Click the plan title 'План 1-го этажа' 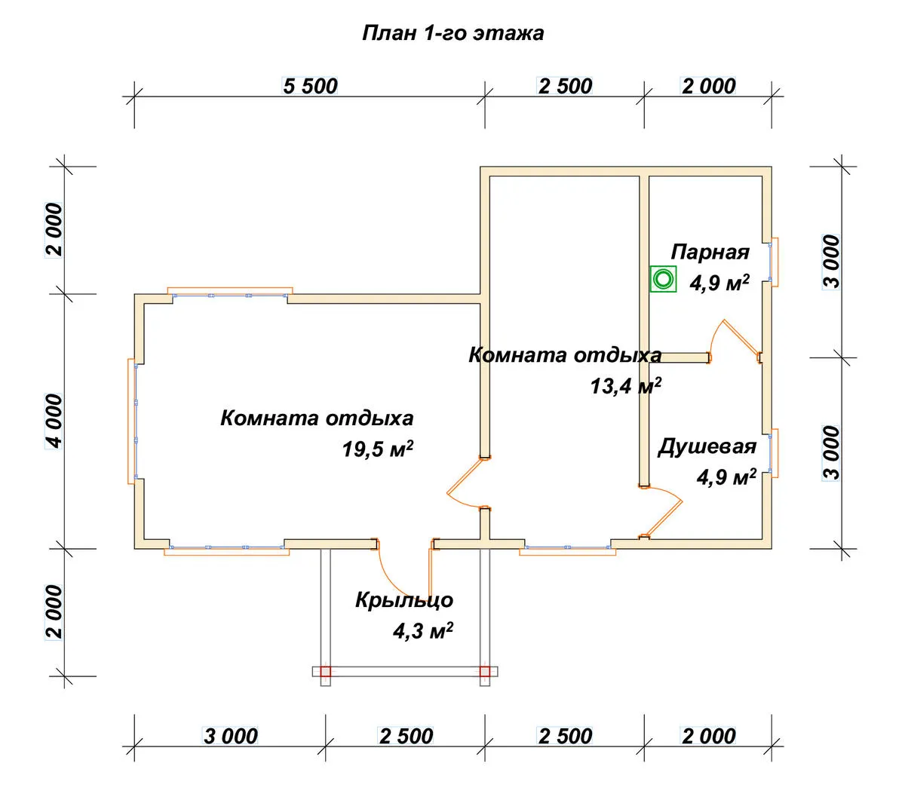click(x=452, y=33)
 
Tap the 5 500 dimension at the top click(x=311, y=86)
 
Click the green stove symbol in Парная click(x=663, y=279)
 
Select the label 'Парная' click(x=710, y=252)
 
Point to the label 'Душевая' click(x=707, y=446)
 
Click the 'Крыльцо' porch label click(x=404, y=599)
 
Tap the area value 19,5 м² click(x=377, y=449)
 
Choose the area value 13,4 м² click(x=625, y=386)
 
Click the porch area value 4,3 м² click(x=423, y=630)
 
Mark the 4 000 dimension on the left click(x=54, y=421)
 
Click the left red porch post click(x=326, y=671)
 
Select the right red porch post click(x=485, y=671)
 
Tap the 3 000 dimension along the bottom click(x=231, y=737)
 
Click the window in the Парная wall click(x=773, y=262)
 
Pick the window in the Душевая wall click(x=773, y=453)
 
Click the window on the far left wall click(x=133, y=421)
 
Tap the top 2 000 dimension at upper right click(x=708, y=86)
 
